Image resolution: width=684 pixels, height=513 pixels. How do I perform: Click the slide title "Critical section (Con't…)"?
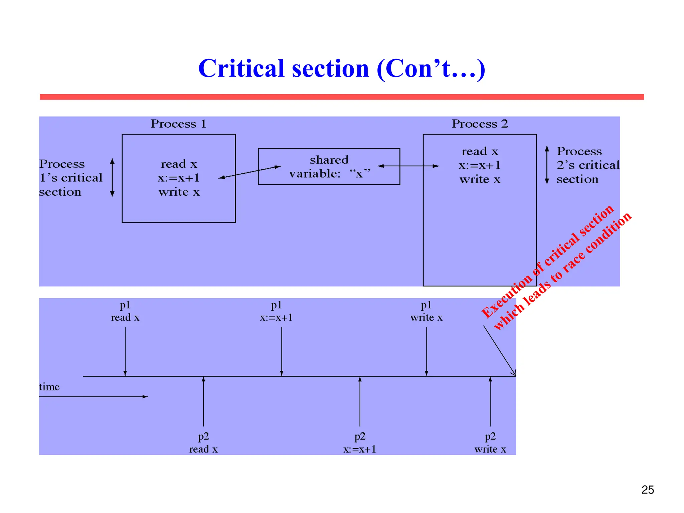pos(341,68)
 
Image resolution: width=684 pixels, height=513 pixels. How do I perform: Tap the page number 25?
pos(648,490)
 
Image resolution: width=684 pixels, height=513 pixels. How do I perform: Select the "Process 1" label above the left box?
pos(178,124)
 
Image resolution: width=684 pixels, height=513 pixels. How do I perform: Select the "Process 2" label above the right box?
pos(480,124)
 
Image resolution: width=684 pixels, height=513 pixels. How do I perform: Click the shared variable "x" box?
pos(329,166)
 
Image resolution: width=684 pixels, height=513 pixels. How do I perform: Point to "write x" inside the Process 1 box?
pos(179,192)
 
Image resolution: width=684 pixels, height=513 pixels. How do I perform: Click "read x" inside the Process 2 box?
pos(480,152)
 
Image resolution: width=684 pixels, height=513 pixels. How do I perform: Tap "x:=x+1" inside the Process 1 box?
pos(179,178)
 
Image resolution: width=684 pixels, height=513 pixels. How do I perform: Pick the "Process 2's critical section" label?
pos(587,165)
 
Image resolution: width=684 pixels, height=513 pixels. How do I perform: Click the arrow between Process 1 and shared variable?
pos(249,172)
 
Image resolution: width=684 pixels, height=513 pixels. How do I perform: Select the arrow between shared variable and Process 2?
pos(408,166)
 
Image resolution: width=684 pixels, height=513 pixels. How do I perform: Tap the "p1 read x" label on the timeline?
pos(125,311)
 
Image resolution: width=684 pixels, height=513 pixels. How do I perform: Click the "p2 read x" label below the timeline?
pos(203,443)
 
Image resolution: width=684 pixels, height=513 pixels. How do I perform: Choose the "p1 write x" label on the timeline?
pos(426,311)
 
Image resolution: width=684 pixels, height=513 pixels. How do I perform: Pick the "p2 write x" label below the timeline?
pos(490,443)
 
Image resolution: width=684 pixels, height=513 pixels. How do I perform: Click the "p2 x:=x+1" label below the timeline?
pos(360,443)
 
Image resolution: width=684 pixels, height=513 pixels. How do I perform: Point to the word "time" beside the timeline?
pos(49,387)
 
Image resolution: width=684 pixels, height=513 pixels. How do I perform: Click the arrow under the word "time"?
pos(94,397)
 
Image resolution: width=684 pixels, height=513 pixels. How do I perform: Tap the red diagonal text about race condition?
pos(556,267)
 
